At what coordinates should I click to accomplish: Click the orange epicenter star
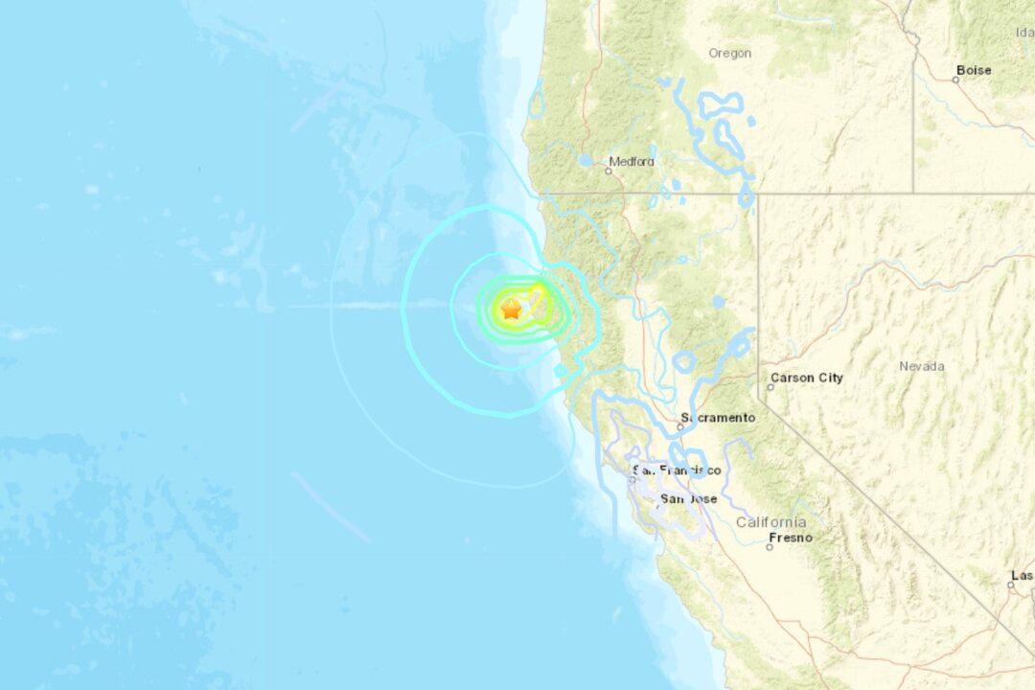511,309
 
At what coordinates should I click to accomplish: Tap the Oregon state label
729,54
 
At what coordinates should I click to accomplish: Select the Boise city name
973,70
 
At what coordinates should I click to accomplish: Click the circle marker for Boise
955,80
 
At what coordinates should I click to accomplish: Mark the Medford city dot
609,172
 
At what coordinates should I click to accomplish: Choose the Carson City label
807,378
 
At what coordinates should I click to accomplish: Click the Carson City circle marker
770,387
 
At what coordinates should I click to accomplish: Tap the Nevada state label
921,366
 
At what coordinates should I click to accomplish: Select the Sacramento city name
718,418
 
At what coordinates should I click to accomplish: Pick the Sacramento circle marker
681,427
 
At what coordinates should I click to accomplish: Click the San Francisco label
677,470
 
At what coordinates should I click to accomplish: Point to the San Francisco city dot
632,479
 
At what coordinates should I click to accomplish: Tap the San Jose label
689,499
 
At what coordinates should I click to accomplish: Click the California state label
770,522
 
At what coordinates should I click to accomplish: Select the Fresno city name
790,538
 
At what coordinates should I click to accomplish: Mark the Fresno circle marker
770,547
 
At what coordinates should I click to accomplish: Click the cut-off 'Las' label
1022,575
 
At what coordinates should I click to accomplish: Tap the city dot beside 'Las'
1011,584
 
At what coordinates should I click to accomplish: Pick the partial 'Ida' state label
1023,33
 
